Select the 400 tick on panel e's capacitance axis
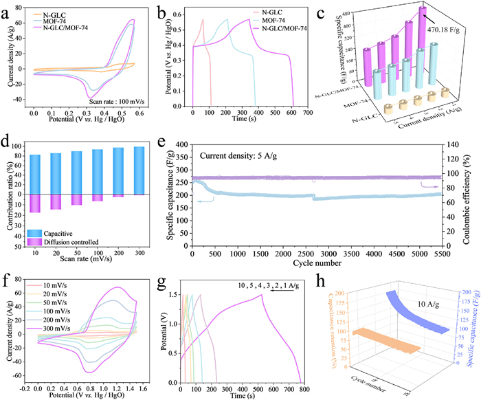pyautogui.click(x=182, y=145)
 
